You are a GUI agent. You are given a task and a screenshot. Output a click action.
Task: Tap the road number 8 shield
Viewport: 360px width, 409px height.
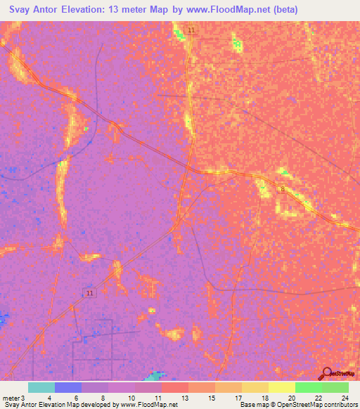point(283,189)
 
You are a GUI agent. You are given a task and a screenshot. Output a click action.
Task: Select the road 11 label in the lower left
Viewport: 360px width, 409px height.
point(88,292)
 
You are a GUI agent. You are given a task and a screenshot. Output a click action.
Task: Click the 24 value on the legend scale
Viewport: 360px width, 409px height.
point(345,398)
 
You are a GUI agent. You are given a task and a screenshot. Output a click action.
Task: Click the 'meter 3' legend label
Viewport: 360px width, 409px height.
point(14,398)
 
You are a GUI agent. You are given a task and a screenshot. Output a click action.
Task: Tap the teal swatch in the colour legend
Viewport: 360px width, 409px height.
point(41,387)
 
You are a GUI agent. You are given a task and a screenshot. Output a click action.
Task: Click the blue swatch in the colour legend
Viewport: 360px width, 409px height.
point(68,387)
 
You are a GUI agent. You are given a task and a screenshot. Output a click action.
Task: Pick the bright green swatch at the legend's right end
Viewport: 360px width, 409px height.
point(335,387)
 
